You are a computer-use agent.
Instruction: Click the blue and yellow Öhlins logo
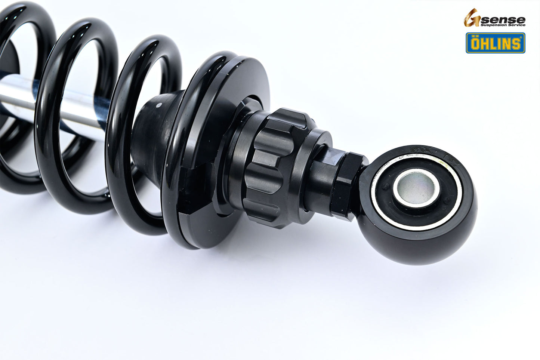tap(495, 43)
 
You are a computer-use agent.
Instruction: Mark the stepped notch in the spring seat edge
tap(187, 213)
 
